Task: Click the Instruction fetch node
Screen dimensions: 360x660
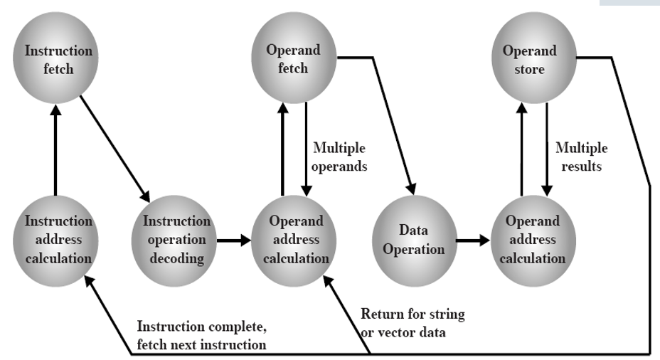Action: coord(59,61)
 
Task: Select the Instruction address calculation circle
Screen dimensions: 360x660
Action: coord(58,238)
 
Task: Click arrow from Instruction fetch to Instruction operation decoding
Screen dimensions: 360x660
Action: coord(114,147)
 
